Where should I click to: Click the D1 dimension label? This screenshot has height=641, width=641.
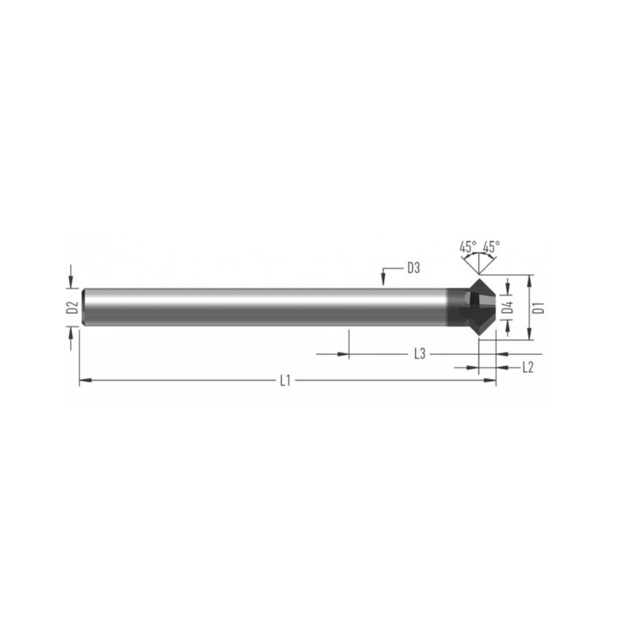click(540, 307)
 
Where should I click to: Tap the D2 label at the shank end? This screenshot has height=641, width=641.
click(72, 307)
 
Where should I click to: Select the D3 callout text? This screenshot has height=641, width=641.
click(414, 268)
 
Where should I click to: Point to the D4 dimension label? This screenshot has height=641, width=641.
click(507, 307)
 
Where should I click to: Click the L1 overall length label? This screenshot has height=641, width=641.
click(285, 380)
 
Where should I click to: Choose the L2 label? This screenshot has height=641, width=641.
click(528, 367)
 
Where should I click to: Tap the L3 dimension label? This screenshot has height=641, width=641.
click(420, 354)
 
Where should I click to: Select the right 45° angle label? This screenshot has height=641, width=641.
click(491, 246)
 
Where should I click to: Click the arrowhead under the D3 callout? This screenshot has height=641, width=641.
click(383, 280)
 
